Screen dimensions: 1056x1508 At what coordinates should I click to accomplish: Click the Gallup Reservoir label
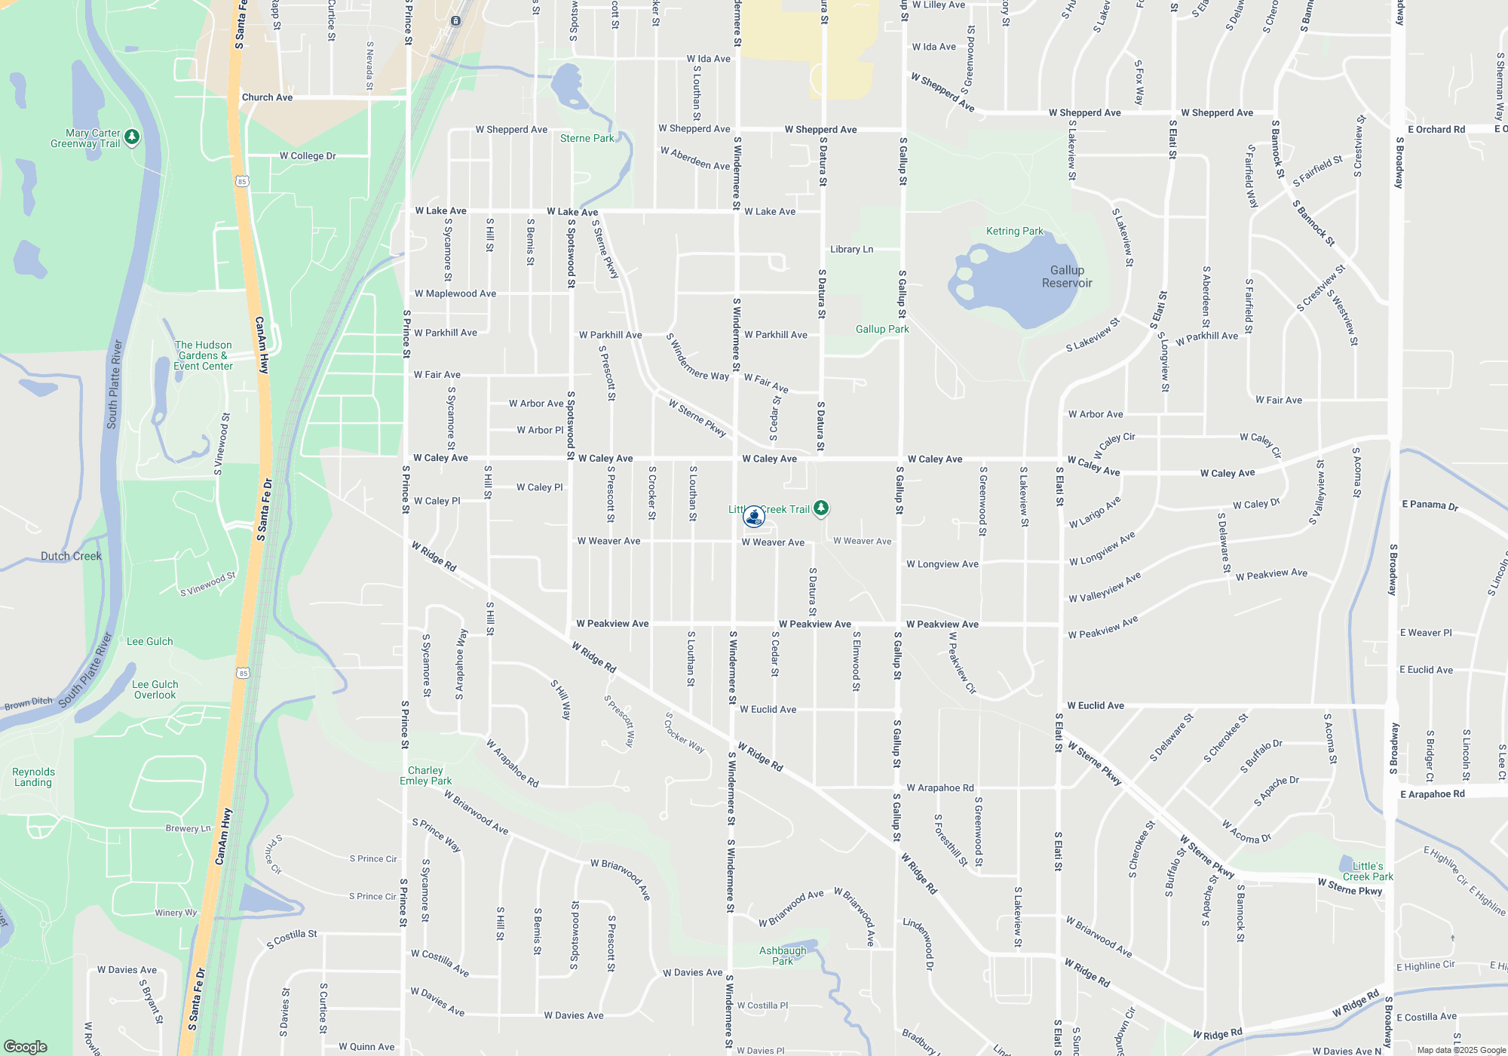coord(1067,277)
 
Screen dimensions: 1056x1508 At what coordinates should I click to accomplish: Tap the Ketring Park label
coord(1015,232)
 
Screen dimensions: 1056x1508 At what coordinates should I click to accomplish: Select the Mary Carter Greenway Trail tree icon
coord(132,137)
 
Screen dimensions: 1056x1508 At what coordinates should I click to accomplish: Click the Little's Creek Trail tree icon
coord(821,508)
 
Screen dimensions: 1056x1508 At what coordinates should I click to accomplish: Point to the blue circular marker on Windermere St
coord(753,517)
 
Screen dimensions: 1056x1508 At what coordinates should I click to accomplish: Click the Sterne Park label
coord(587,139)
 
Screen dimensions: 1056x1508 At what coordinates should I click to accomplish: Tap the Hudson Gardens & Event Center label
coord(203,355)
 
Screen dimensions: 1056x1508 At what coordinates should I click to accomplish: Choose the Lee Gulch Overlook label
coord(155,690)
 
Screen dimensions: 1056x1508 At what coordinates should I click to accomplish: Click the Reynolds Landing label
coord(33,778)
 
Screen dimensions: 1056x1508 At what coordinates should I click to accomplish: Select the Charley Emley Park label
coord(426,776)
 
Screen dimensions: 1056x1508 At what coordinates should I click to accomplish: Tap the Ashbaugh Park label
coord(783,956)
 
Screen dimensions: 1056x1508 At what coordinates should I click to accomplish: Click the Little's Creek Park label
coord(1368,872)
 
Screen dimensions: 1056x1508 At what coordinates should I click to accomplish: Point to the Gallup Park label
coord(882,330)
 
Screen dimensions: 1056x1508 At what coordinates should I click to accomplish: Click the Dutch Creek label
coord(71,557)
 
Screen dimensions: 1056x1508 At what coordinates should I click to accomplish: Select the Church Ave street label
coord(267,98)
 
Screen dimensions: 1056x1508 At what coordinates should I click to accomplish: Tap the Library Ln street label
coord(851,250)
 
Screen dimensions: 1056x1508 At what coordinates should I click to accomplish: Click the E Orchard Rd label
coord(1436,130)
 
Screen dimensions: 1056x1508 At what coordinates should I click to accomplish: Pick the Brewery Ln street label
coord(188,829)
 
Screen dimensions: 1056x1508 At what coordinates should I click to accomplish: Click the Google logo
coord(26,1047)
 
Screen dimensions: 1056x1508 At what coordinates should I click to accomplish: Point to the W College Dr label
coord(308,156)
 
